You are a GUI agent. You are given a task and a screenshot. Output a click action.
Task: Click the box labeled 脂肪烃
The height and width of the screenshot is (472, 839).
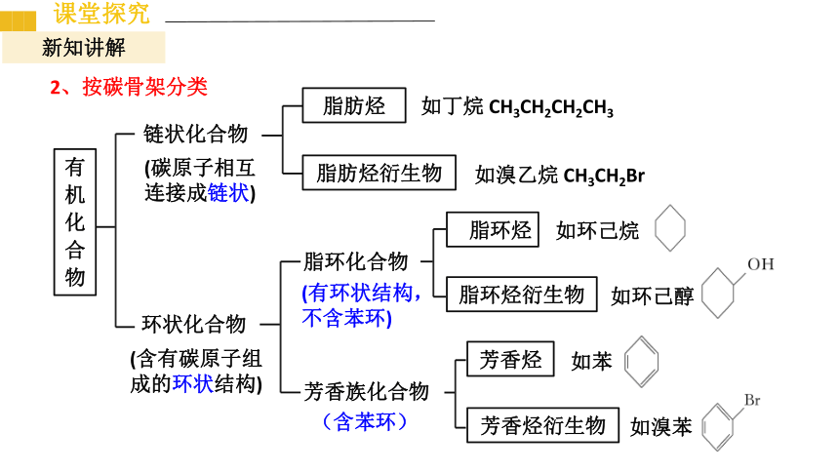click(354, 105)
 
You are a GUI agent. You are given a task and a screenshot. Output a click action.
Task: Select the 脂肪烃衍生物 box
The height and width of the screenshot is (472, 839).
click(379, 173)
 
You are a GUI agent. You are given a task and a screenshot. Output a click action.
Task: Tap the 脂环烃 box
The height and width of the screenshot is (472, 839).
click(493, 229)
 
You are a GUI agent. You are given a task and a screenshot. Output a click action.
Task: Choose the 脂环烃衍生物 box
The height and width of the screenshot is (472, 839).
click(522, 295)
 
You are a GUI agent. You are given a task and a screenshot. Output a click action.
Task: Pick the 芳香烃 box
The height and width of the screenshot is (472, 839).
click(510, 359)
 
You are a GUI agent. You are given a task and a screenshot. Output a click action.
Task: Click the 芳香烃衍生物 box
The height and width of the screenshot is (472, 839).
click(542, 425)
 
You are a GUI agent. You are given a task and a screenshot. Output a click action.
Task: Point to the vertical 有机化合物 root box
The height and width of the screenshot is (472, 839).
click(75, 222)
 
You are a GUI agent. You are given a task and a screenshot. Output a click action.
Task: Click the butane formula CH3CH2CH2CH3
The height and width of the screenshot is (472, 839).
click(551, 107)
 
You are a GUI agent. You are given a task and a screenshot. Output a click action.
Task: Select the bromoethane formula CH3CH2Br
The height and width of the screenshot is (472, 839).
click(604, 176)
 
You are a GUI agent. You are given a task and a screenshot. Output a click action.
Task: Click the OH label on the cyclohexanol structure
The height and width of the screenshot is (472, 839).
click(760, 264)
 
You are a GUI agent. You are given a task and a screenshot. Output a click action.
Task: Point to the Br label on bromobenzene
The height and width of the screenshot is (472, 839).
click(752, 400)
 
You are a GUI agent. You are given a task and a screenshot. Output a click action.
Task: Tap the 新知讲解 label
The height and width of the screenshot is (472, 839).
click(84, 48)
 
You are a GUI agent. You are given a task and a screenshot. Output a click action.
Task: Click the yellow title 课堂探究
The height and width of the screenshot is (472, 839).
click(101, 13)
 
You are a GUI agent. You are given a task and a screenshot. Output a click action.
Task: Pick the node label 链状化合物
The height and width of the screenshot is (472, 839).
click(195, 134)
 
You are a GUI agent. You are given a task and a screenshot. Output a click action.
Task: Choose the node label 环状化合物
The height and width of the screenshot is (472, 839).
click(194, 325)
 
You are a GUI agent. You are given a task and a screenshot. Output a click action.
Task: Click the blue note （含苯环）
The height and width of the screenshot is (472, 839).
click(365, 421)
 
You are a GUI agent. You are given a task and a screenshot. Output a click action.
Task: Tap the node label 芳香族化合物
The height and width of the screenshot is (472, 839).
click(367, 392)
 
